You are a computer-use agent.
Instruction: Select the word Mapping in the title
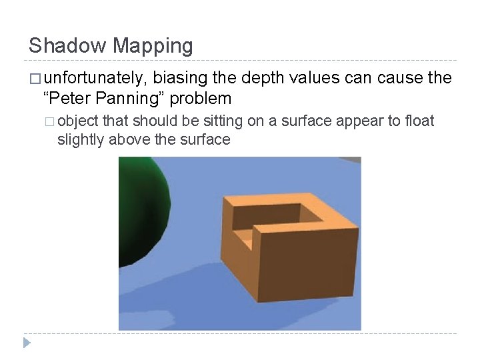153,46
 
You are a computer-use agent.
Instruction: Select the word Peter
68,99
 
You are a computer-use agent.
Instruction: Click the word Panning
130,99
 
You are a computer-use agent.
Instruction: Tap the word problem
200,99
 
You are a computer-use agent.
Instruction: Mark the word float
419,121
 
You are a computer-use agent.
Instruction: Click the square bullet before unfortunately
35,79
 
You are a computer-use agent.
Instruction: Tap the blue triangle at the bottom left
27,343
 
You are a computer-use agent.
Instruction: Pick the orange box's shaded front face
307,263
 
